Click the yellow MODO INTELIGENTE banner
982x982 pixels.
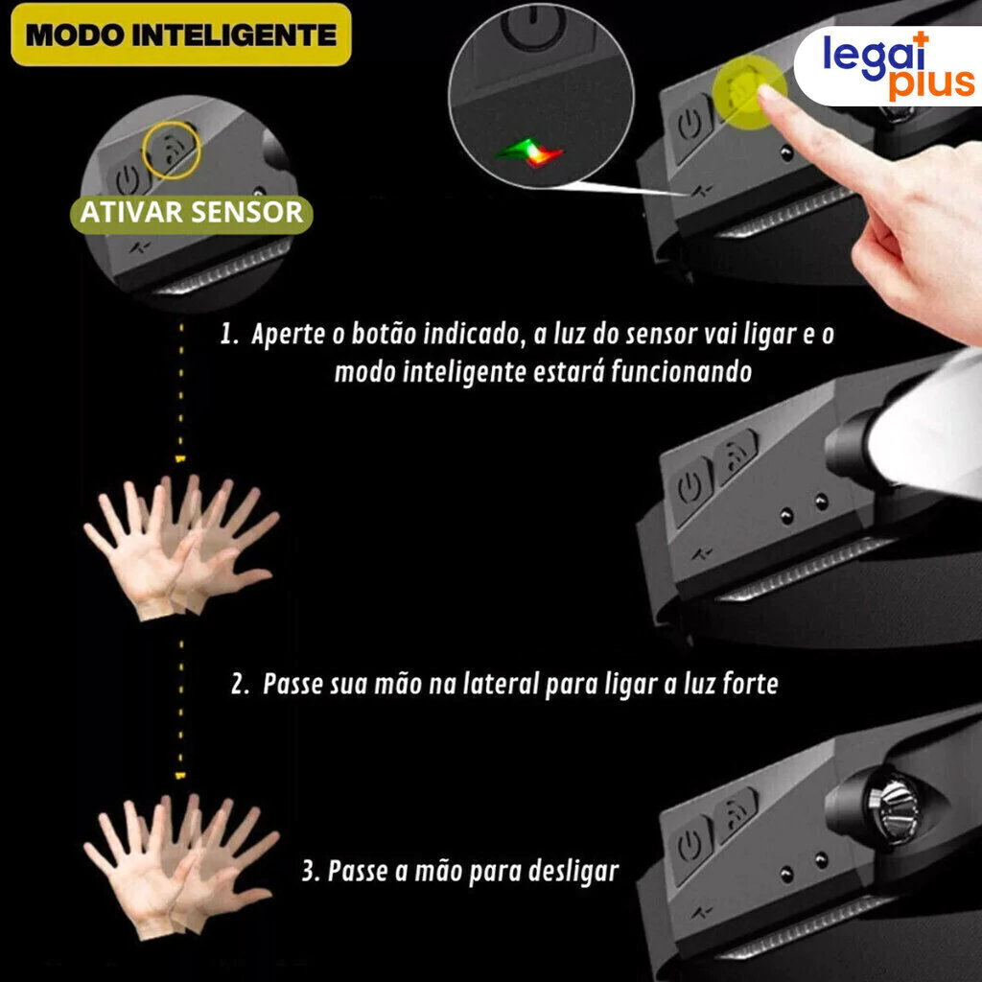coord(181,35)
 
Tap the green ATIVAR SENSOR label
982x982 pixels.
coord(192,213)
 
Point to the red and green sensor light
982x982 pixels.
coord(530,152)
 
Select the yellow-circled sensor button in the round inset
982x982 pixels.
coord(172,151)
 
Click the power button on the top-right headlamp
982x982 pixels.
coord(691,126)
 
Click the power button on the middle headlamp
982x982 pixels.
coord(690,488)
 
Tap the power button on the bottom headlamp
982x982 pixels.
coord(690,846)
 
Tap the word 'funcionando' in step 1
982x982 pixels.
coord(682,372)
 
